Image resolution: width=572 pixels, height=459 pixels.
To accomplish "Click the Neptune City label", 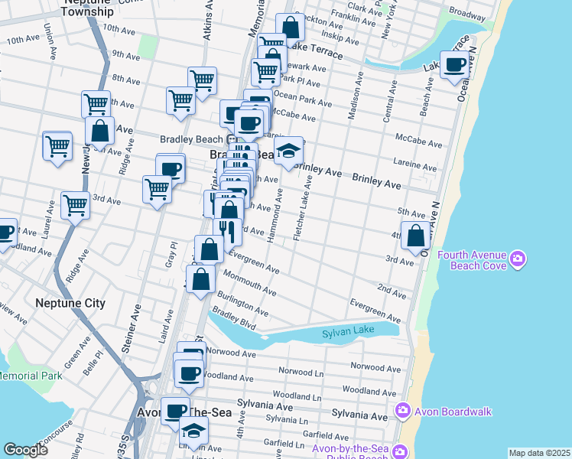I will pyautogui.click(x=70, y=303).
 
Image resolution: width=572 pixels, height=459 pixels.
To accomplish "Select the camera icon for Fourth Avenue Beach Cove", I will pyautogui.click(x=518, y=260).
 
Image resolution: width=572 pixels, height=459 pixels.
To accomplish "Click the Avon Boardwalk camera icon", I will pyautogui.click(x=402, y=412).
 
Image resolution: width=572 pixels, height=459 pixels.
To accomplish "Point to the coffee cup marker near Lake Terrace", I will pyautogui.click(x=455, y=65).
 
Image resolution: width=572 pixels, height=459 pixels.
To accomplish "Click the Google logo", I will pyautogui.click(x=25, y=450).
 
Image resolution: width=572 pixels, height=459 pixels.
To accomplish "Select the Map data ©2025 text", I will pyautogui.click(x=539, y=453).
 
